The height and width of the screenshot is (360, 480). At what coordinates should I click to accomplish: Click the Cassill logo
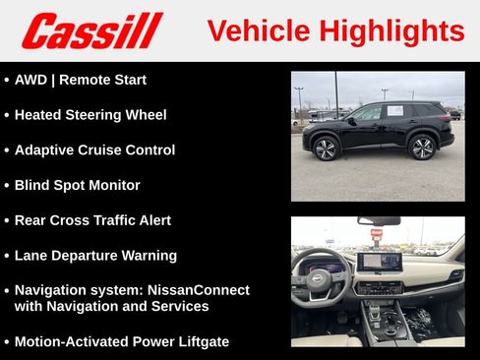click(91, 30)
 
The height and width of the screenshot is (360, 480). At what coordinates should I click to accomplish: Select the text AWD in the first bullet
click(31, 80)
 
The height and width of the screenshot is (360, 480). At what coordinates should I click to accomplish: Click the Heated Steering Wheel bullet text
click(90, 115)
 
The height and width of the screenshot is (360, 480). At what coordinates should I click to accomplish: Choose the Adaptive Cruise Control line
click(94, 150)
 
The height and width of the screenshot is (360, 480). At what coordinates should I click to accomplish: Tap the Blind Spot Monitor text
click(77, 185)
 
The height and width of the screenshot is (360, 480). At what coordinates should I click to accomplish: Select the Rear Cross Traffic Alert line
click(92, 220)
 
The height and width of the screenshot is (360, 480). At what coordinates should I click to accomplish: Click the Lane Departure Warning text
click(95, 256)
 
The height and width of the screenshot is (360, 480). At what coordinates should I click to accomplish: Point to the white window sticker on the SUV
click(394, 111)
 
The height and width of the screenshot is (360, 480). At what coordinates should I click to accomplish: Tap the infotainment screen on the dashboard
click(379, 263)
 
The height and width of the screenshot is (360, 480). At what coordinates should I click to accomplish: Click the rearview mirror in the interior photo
click(379, 221)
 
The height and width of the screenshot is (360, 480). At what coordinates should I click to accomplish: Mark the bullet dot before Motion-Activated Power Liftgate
click(7, 342)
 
